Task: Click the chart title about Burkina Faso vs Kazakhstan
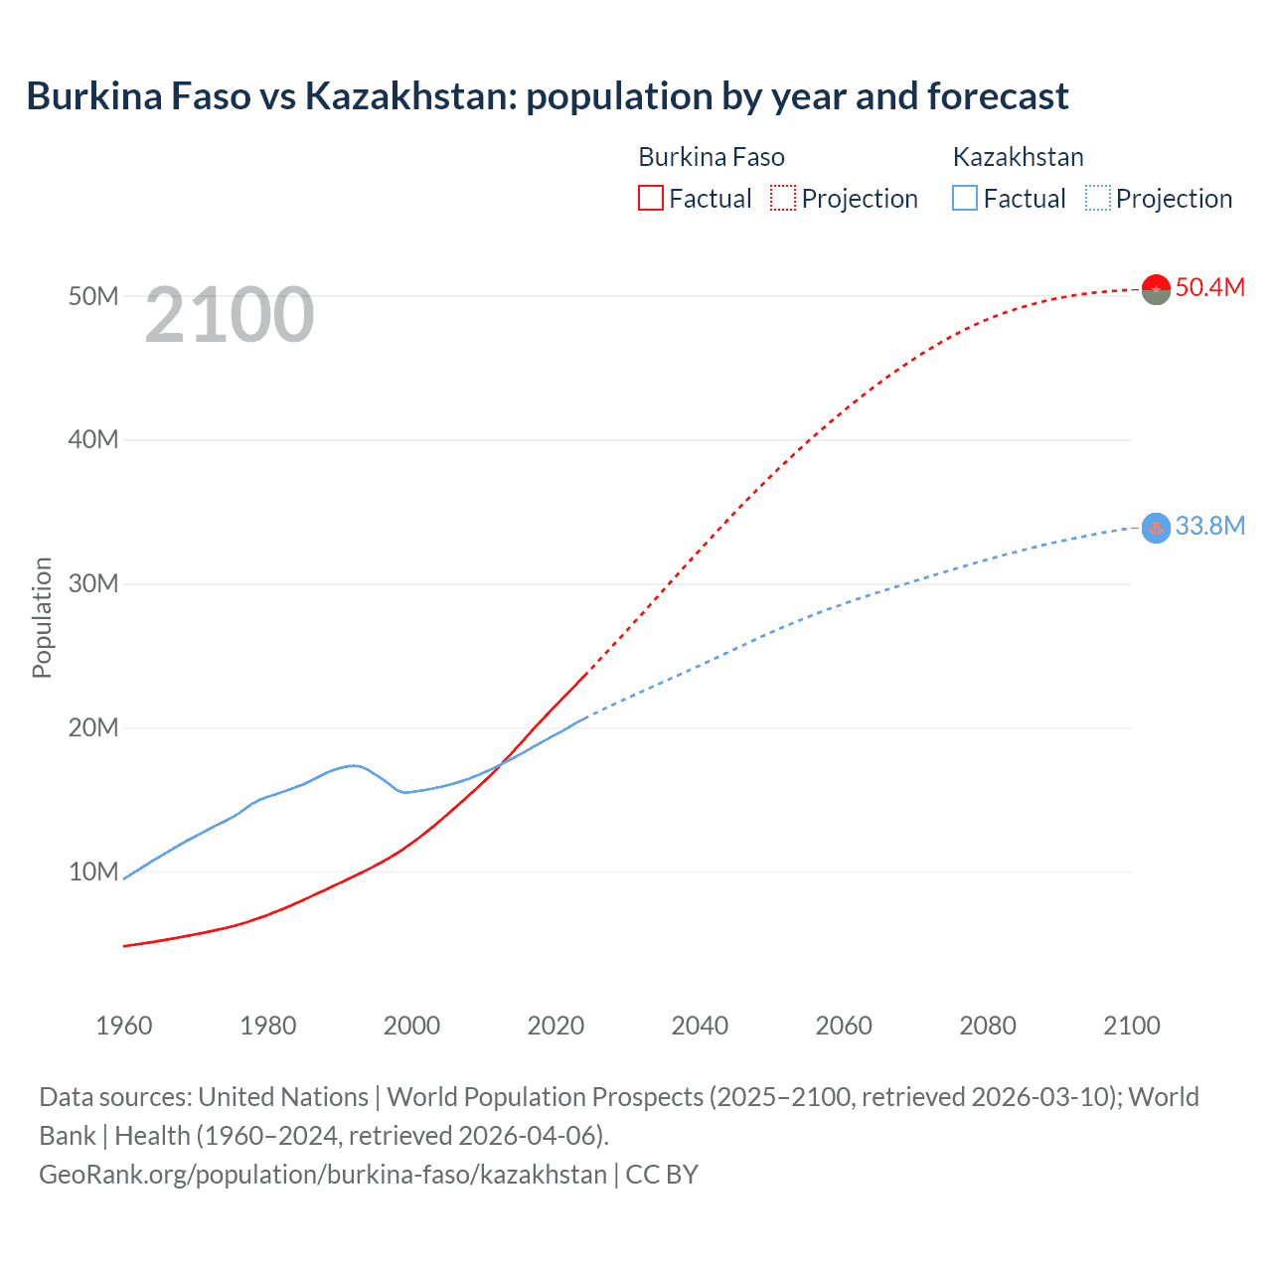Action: tap(548, 96)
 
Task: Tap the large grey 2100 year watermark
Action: tap(230, 315)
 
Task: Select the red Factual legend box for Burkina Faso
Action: tap(650, 198)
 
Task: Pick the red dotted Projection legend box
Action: tap(783, 198)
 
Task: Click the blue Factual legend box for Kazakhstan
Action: tap(965, 198)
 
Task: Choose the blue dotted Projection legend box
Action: tap(1098, 198)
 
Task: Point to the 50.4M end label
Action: tap(1209, 287)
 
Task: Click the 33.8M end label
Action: tap(1209, 526)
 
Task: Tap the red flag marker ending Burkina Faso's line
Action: tap(1156, 289)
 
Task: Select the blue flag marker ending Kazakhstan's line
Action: tap(1156, 528)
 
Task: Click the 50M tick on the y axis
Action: tap(93, 296)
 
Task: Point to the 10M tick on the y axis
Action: tap(93, 872)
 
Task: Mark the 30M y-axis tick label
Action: tap(93, 583)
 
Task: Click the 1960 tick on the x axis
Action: tap(124, 1026)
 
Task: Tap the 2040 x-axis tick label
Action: tap(700, 1026)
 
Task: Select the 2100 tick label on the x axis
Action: tap(1131, 1026)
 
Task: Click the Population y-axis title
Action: tap(42, 617)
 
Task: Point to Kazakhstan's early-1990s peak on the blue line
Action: tap(354, 765)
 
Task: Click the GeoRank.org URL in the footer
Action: tap(323, 1174)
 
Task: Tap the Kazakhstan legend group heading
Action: tap(1018, 157)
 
